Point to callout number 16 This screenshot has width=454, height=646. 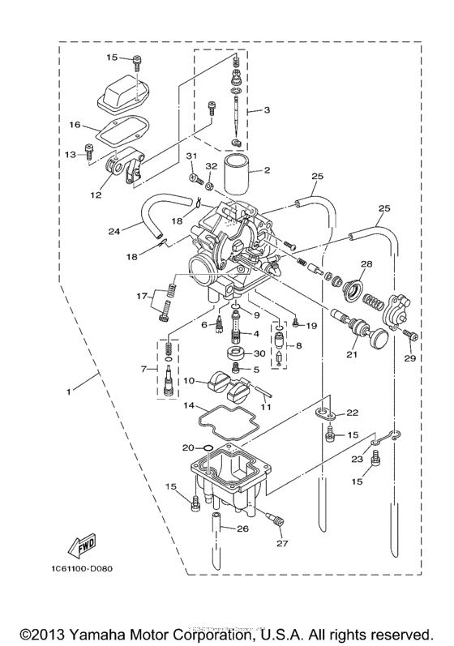pos(75,125)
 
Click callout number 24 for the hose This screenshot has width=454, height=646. pos(114,230)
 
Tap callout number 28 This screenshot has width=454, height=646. pos(366,264)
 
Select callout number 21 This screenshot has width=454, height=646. pos(352,353)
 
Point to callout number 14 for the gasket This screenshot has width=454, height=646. pos(187,404)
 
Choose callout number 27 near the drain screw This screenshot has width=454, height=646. pos(282,543)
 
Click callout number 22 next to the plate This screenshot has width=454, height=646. pos(352,413)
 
